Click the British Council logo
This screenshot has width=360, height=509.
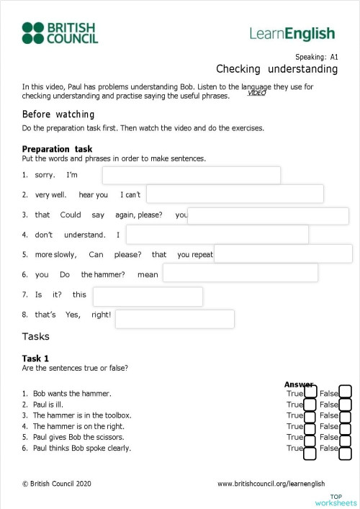tap(60, 32)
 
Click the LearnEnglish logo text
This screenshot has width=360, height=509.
tap(292, 33)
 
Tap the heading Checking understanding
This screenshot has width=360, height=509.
tap(276, 69)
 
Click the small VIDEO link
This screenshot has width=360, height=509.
tap(256, 93)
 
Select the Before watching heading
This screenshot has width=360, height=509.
tap(58, 114)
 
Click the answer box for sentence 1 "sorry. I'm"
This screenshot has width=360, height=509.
tap(191, 176)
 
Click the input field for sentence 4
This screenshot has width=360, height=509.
tap(217, 234)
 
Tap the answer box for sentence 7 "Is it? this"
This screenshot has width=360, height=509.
tap(148, 297)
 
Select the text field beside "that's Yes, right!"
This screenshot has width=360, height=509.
tap(174, 319)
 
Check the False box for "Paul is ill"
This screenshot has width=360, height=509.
tap(345, 404)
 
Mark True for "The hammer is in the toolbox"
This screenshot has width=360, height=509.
tap(310, 416)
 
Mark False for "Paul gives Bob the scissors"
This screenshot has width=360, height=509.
tap(345, 438)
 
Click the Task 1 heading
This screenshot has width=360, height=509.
tap(35, 358)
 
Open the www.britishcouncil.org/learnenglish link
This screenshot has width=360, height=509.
tap(271, 484)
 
